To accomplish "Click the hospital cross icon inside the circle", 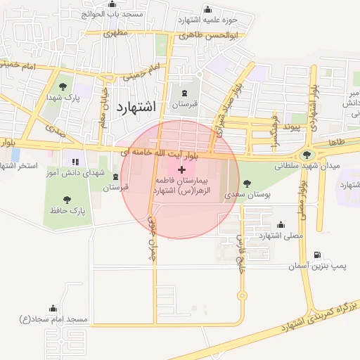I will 182,169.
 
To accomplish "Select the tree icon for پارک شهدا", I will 64,86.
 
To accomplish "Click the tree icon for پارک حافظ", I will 67,200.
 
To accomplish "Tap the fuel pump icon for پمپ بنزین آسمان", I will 318,255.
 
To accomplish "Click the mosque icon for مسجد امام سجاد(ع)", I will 53,308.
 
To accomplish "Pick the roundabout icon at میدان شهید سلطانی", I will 307,155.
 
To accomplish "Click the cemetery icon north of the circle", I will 185,93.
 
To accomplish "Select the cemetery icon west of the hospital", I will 116,176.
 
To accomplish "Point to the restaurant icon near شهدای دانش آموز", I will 75,162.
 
